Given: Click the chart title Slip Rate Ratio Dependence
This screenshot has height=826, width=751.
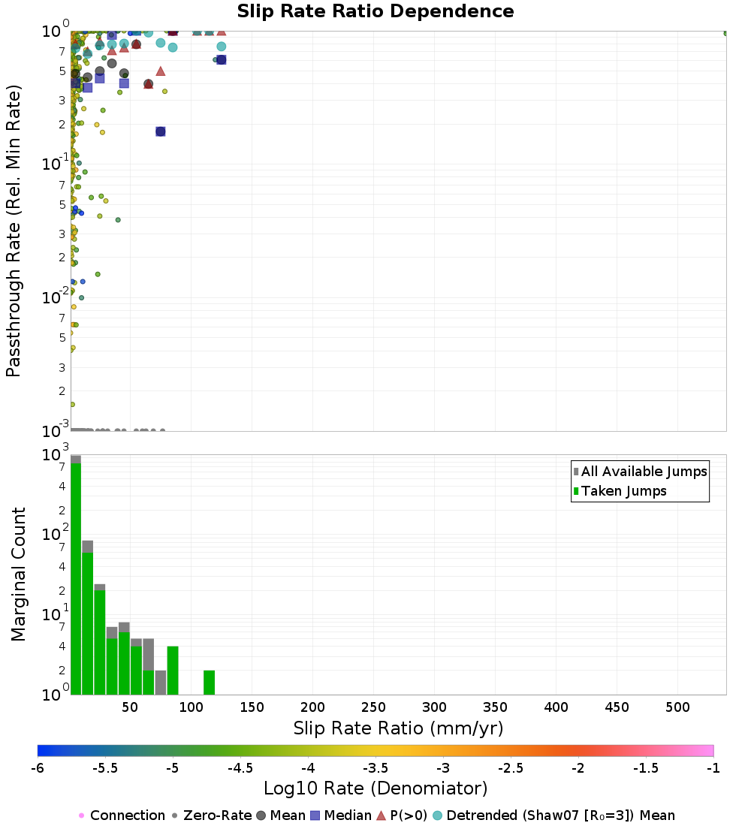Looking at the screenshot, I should tap(375, 12).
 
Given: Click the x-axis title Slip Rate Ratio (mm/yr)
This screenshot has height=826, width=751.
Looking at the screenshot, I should tap(398, 728).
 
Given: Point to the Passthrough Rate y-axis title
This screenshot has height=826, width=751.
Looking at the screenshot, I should tap(14, 231).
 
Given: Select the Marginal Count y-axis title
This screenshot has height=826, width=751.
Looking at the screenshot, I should tap(18, 574).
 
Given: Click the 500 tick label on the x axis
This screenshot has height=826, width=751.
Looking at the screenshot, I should tap(678, 707).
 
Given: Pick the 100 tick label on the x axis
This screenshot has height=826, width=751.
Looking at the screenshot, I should tap(192, 707).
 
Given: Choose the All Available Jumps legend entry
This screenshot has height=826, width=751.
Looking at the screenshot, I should tap(644, 472).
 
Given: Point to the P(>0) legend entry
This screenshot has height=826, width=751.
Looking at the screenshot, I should tap(402, 815).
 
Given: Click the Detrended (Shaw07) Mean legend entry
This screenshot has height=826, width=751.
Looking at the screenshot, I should tap(560, 815).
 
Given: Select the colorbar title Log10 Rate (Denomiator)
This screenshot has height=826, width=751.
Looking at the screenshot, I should tap(375, 788).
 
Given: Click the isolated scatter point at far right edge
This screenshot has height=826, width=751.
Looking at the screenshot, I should tap(725, 33).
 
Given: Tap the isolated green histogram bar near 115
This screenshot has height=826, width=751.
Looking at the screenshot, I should tap(210, 683).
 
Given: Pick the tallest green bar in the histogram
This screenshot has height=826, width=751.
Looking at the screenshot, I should tap(76, 579).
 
